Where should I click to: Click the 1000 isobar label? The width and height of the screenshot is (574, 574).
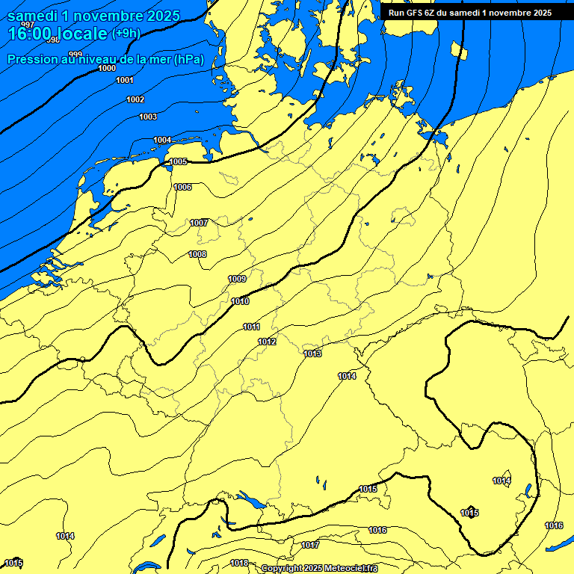pyautogui.click(x=107, y=68)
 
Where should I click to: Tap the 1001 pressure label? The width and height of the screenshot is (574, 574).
pyautogui.click(x=125, y=81)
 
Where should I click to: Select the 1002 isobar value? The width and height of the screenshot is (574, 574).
pyautogui.click(x=135, y=99)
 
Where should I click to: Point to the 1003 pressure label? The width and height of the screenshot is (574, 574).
pyautogui.click(x=148, y=117)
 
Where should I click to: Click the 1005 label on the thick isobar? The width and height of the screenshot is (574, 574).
pyautogui.click(x=178, y=161)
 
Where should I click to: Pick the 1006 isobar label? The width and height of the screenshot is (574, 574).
pyautogui.click(x=182, y=187)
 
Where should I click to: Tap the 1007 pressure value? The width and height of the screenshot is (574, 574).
pyautogui.click(x=199, y=223)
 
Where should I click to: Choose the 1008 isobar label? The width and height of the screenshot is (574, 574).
pyautogui.click(x=197, y=254)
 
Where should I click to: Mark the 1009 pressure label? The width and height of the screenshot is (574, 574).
pyautogui.click(x=237, y=279)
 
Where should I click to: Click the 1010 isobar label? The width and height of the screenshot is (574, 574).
pyautogui.click(x=241, y=301)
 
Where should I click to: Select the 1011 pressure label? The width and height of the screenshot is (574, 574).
pyautogui.click(x=251, y=327)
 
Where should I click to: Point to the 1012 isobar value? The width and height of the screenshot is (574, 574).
pyautogui.click(x=268, y=342)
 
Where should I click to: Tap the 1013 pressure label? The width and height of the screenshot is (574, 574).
pyautogui.click(x=312, y=354)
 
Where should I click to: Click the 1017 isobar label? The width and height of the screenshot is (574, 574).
pyautogui.click(x=310, y=545)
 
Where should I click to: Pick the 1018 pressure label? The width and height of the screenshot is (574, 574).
pyautogui.click(x=239, y=563)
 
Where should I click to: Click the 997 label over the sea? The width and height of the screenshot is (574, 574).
pyautogui.click(x=28, y=25)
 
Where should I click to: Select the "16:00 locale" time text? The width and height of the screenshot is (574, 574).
pyautogui.click(x=58, y=34)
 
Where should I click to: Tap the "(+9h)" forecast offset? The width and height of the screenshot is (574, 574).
pyautogui.click(x=125, y=33)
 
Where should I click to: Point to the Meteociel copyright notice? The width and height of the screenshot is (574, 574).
pyautogui.click(x=319, y=568)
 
